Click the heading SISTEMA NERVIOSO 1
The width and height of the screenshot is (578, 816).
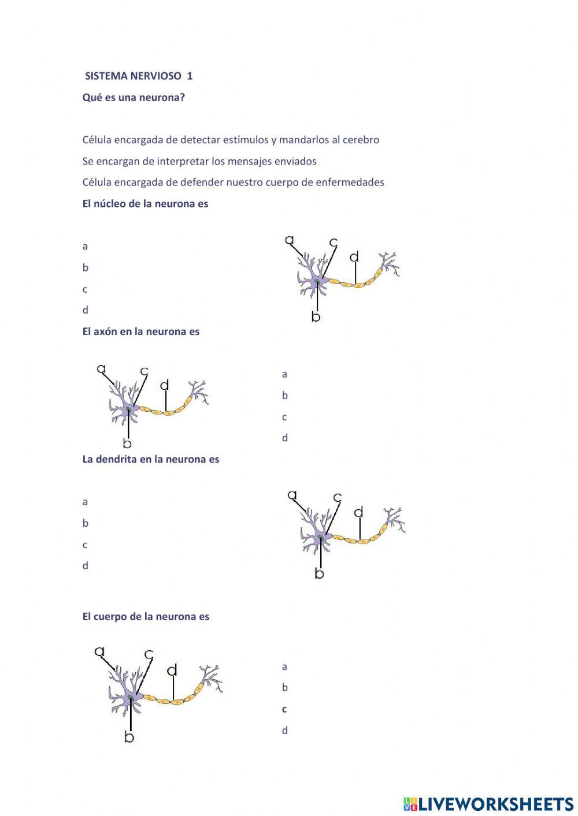(139, 76)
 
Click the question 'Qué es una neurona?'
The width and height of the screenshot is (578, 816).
(134, 97)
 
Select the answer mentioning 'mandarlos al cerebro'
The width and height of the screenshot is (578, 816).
(231, 140)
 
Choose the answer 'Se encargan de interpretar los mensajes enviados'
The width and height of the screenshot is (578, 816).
(199, 161)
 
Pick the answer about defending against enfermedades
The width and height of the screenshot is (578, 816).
(233, 182)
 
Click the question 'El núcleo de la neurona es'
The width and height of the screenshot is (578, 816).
(145, 204)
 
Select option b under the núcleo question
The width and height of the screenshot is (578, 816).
(86, 268)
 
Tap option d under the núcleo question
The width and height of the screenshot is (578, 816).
(86, 310)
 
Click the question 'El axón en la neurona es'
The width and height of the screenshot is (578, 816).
(140, 331)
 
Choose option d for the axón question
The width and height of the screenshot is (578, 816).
(284, 438)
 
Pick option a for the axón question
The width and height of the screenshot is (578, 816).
(284, 374)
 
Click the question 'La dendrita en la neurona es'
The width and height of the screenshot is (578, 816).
(151, 460)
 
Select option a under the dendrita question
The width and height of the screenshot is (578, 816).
(86, 502)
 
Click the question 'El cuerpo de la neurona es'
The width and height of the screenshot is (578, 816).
(146, 617)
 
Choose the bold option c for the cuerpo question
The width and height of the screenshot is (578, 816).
(284, 709)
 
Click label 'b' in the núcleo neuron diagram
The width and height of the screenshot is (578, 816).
(316, 316)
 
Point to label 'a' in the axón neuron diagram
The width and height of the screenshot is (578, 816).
(102, 368)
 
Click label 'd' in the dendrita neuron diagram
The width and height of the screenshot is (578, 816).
(358, 512)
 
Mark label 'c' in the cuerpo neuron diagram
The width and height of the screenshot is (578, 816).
(149, 654)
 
